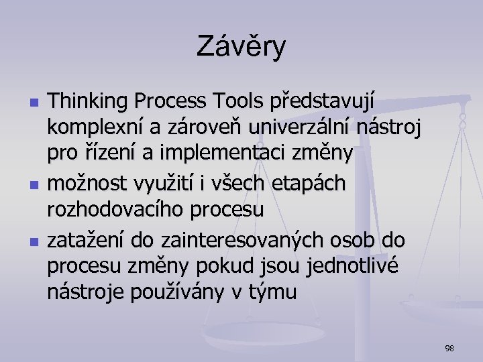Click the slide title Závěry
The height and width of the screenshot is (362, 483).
241,47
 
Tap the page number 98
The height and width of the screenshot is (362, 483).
449,348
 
